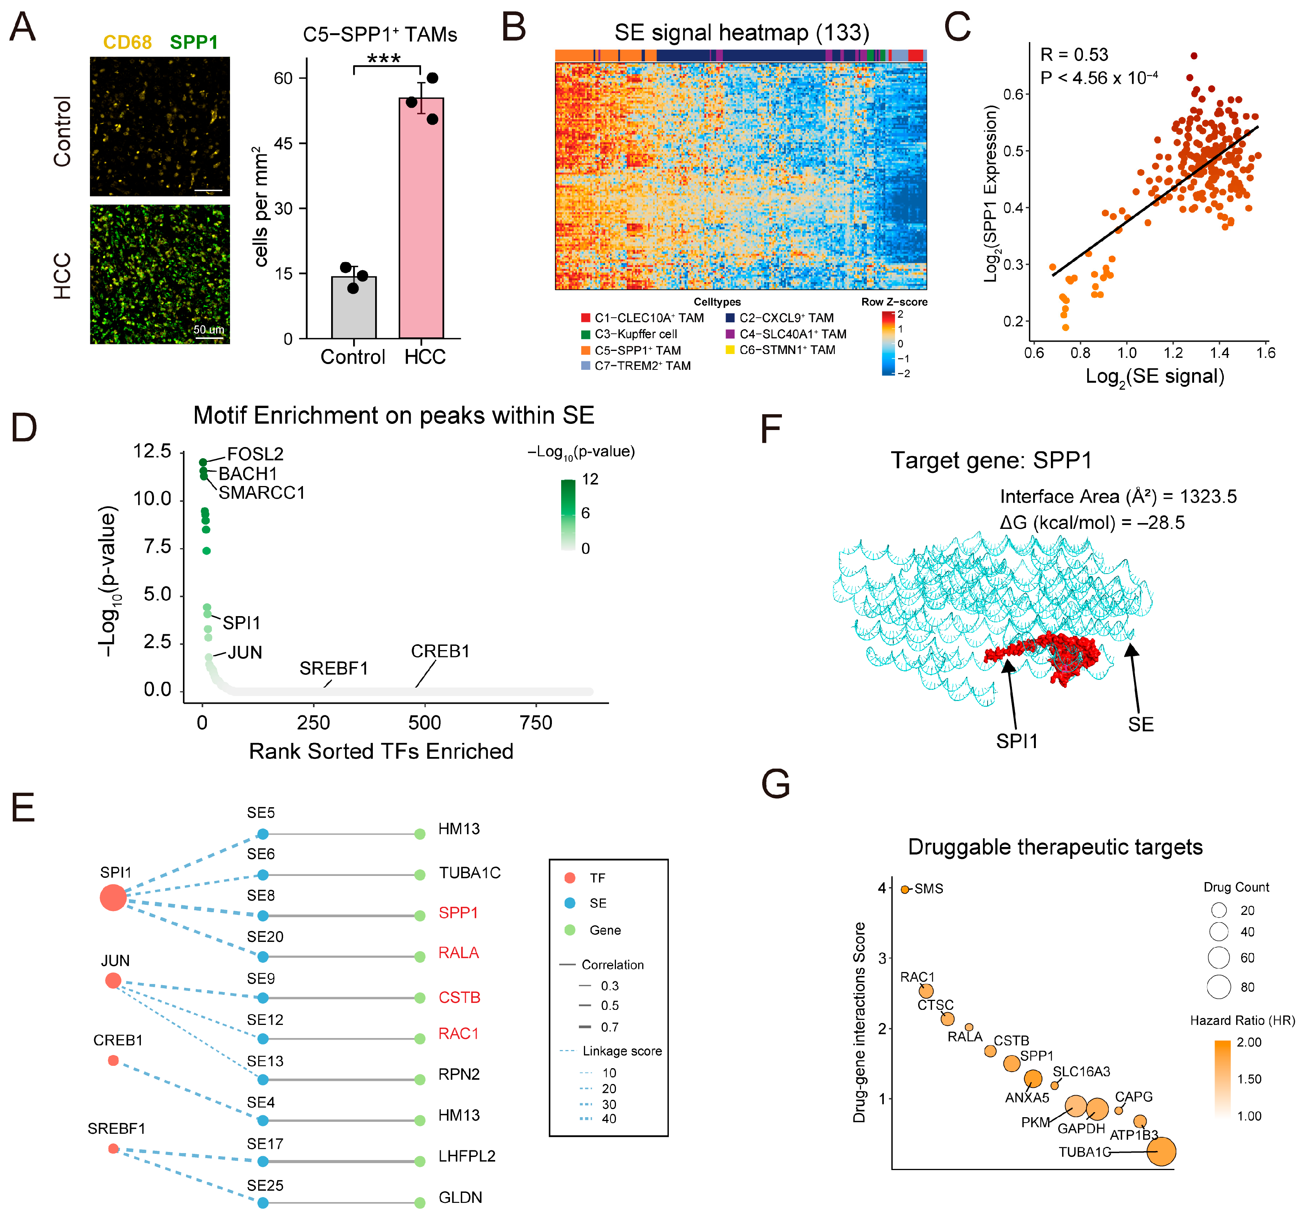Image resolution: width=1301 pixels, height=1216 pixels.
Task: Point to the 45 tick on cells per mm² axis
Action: [x=283, y=143]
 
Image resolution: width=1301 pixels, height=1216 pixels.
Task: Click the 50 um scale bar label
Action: [x=208, y=329]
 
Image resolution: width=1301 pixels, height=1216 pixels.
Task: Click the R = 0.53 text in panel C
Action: [x=1074, y=54]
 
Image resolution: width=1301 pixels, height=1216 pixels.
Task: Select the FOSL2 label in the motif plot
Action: [x=255, y=454]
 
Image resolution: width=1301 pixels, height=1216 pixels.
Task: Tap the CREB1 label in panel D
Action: [x=440, y=651]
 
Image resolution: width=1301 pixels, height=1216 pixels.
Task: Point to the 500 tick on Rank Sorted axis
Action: [x=424, y=723]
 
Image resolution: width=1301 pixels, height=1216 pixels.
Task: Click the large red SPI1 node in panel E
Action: [x=113, y=897]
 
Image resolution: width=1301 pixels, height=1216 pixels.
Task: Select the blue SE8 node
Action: [x=262, y=916]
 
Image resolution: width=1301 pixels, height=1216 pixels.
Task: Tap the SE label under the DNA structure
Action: [x=1141, y=725]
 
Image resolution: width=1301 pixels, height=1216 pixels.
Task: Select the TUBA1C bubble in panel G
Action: [x=1161, y=1152]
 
